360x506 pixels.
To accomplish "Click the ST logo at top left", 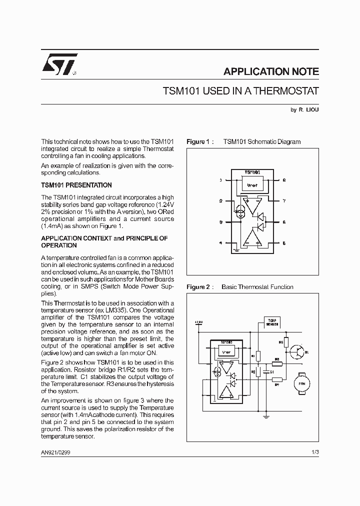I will pos(58,64).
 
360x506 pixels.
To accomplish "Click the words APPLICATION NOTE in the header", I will pos(270,71).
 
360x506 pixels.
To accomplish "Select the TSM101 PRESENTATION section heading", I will pos(76,185).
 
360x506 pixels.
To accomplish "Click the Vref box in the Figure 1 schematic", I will pos(252,185).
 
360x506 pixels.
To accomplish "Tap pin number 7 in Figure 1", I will pos(284,201).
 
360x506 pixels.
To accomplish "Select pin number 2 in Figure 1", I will pos(220,201).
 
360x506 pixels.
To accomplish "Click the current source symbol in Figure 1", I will pos(240,212).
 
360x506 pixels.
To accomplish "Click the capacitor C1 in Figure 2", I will pos(265,371).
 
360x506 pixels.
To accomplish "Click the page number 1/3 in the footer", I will pos(314,451).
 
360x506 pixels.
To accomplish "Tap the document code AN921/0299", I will pos(59,451).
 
